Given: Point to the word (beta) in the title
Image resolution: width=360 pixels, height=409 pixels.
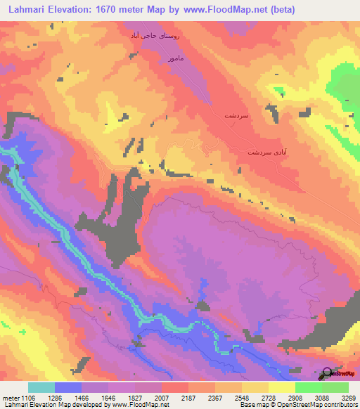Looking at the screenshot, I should (x=280, y=10).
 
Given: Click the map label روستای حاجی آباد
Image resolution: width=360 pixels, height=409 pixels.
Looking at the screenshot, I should (x=155, y=35).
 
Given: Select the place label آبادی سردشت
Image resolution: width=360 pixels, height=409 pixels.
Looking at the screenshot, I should (x=267, y=152).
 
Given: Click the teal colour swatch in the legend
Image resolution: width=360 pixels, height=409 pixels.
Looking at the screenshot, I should (x=41, y=387).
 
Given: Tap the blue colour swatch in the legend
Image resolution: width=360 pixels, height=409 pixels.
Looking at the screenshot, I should (x=68, y=387).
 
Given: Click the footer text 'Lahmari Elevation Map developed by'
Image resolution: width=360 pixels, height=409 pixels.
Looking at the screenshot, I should (x=44, y=405).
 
